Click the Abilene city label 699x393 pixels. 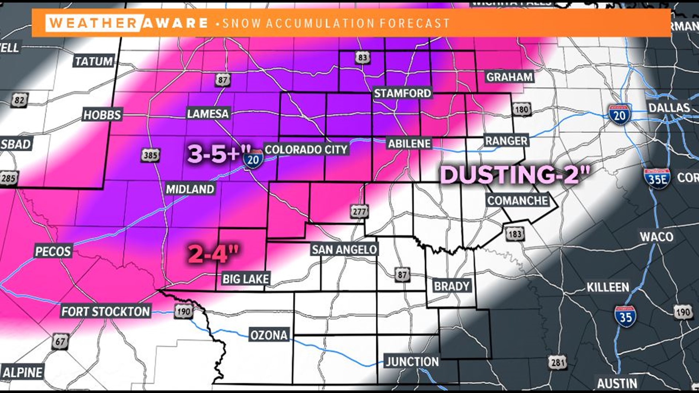point(409,144)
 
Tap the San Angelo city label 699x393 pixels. point(344,250)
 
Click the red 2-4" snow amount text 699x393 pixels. point(213,254)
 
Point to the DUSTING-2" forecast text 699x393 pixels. point(515,175)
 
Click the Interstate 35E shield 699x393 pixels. point(657,179)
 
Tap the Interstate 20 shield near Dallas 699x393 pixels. point(619,115)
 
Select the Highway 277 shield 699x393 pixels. point(359,211)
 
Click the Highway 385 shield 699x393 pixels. point(150,156)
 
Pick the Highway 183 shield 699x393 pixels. point(514,234)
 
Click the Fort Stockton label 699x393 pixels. point(106,312)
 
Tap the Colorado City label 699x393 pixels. point(306,150)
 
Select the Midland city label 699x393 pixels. point(190,189)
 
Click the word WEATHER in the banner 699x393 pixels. point(93,23)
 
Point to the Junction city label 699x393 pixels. point(412,362)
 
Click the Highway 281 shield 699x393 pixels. point(557,362)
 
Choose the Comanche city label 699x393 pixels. point(517,201)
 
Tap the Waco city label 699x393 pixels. point(656,237)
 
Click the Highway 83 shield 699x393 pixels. point(362,57)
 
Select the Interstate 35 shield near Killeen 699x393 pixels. point(625,317)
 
